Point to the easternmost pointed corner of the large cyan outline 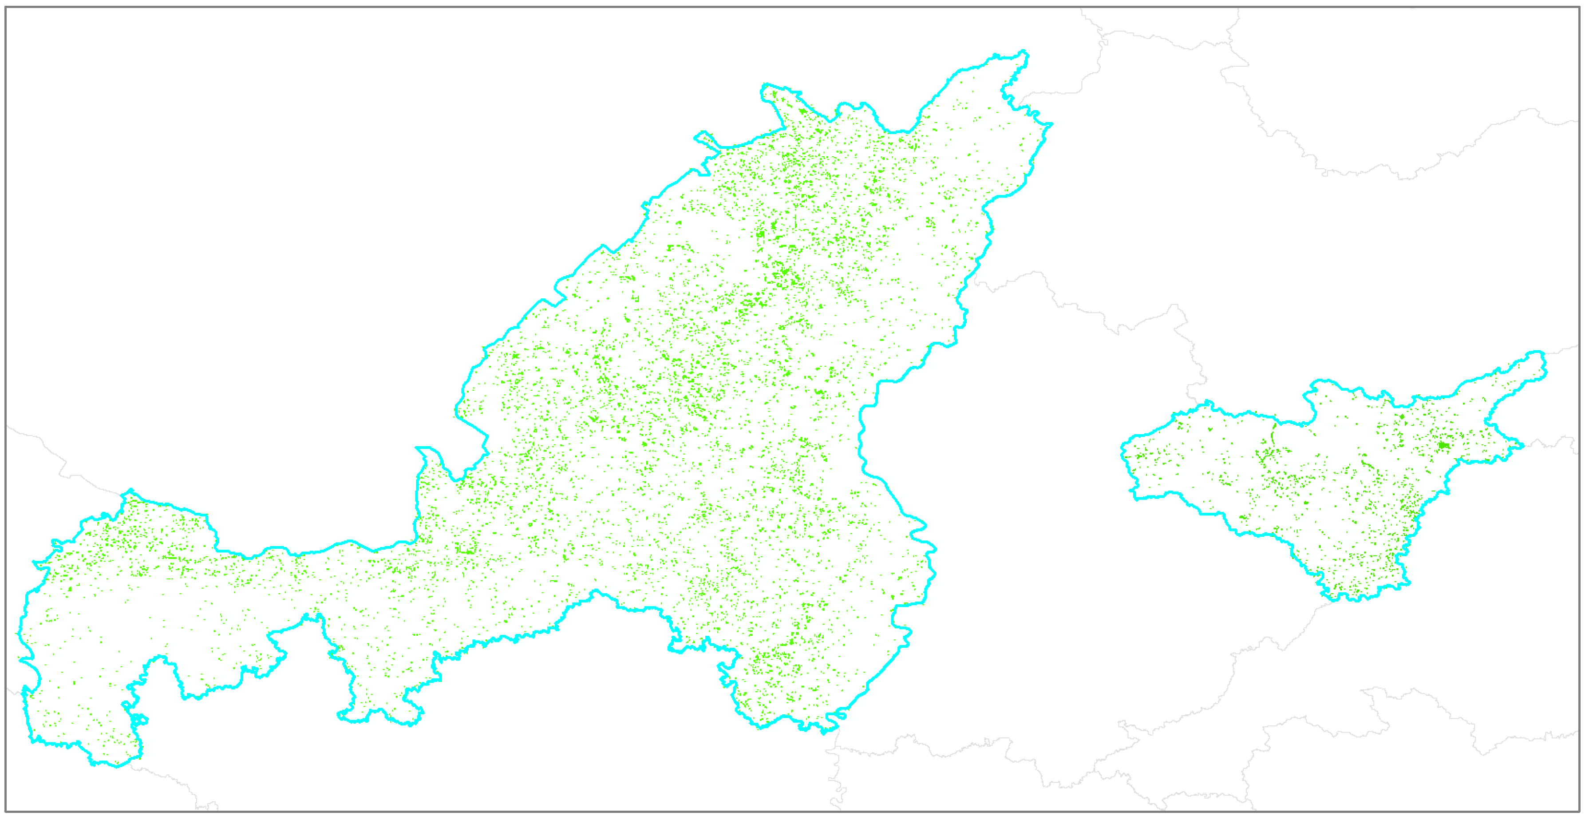[x=1051, y=124]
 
